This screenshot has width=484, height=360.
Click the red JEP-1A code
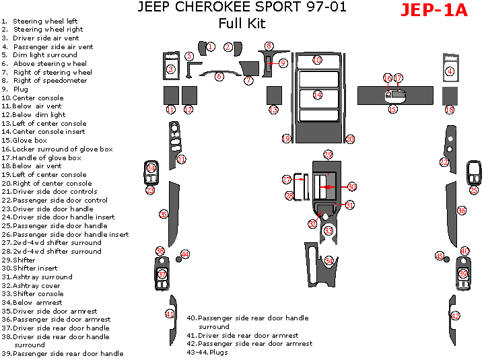click(434, 11)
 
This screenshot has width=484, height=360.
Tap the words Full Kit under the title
click(242, 24)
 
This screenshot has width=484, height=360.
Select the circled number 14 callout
click(317, 95)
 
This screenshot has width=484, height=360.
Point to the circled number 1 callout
click(211, 46)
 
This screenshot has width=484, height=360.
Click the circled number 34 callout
click(329, 260)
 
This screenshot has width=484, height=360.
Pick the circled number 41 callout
click(170, 314)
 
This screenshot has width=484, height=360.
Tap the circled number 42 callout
click(456, 316)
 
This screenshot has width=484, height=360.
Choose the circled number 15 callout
click(392, 108)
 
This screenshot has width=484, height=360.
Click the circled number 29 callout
click(328, 155)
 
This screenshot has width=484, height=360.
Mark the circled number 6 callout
click(219, 77)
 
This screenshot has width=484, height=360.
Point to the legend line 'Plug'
click(20, 89)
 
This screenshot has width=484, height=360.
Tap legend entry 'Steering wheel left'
click(44, 22)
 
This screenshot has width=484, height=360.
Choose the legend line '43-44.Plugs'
click(209, 352)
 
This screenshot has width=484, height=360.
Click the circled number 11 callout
click(170, 109)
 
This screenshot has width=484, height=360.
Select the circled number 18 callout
click(449, 109)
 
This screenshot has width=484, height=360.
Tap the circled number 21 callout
click(182, 159)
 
